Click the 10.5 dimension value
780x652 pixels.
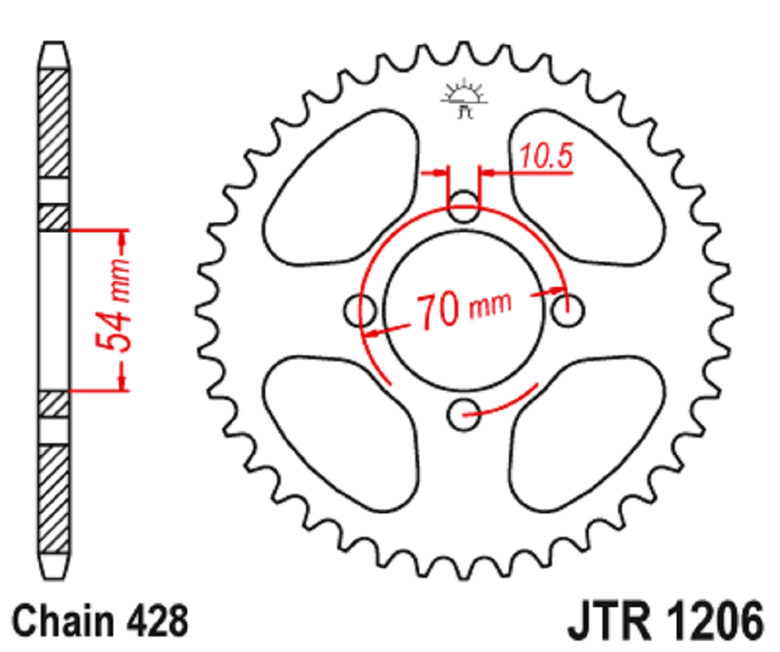[x=546, y=156]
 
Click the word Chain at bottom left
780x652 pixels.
[x=64, y=620]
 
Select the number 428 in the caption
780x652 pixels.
[x=158, y=620]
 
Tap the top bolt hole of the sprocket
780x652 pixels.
[x=463, y=207]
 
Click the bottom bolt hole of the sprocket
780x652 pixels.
[x=463, y=414]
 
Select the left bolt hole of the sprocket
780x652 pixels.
[x=360, y=311]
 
